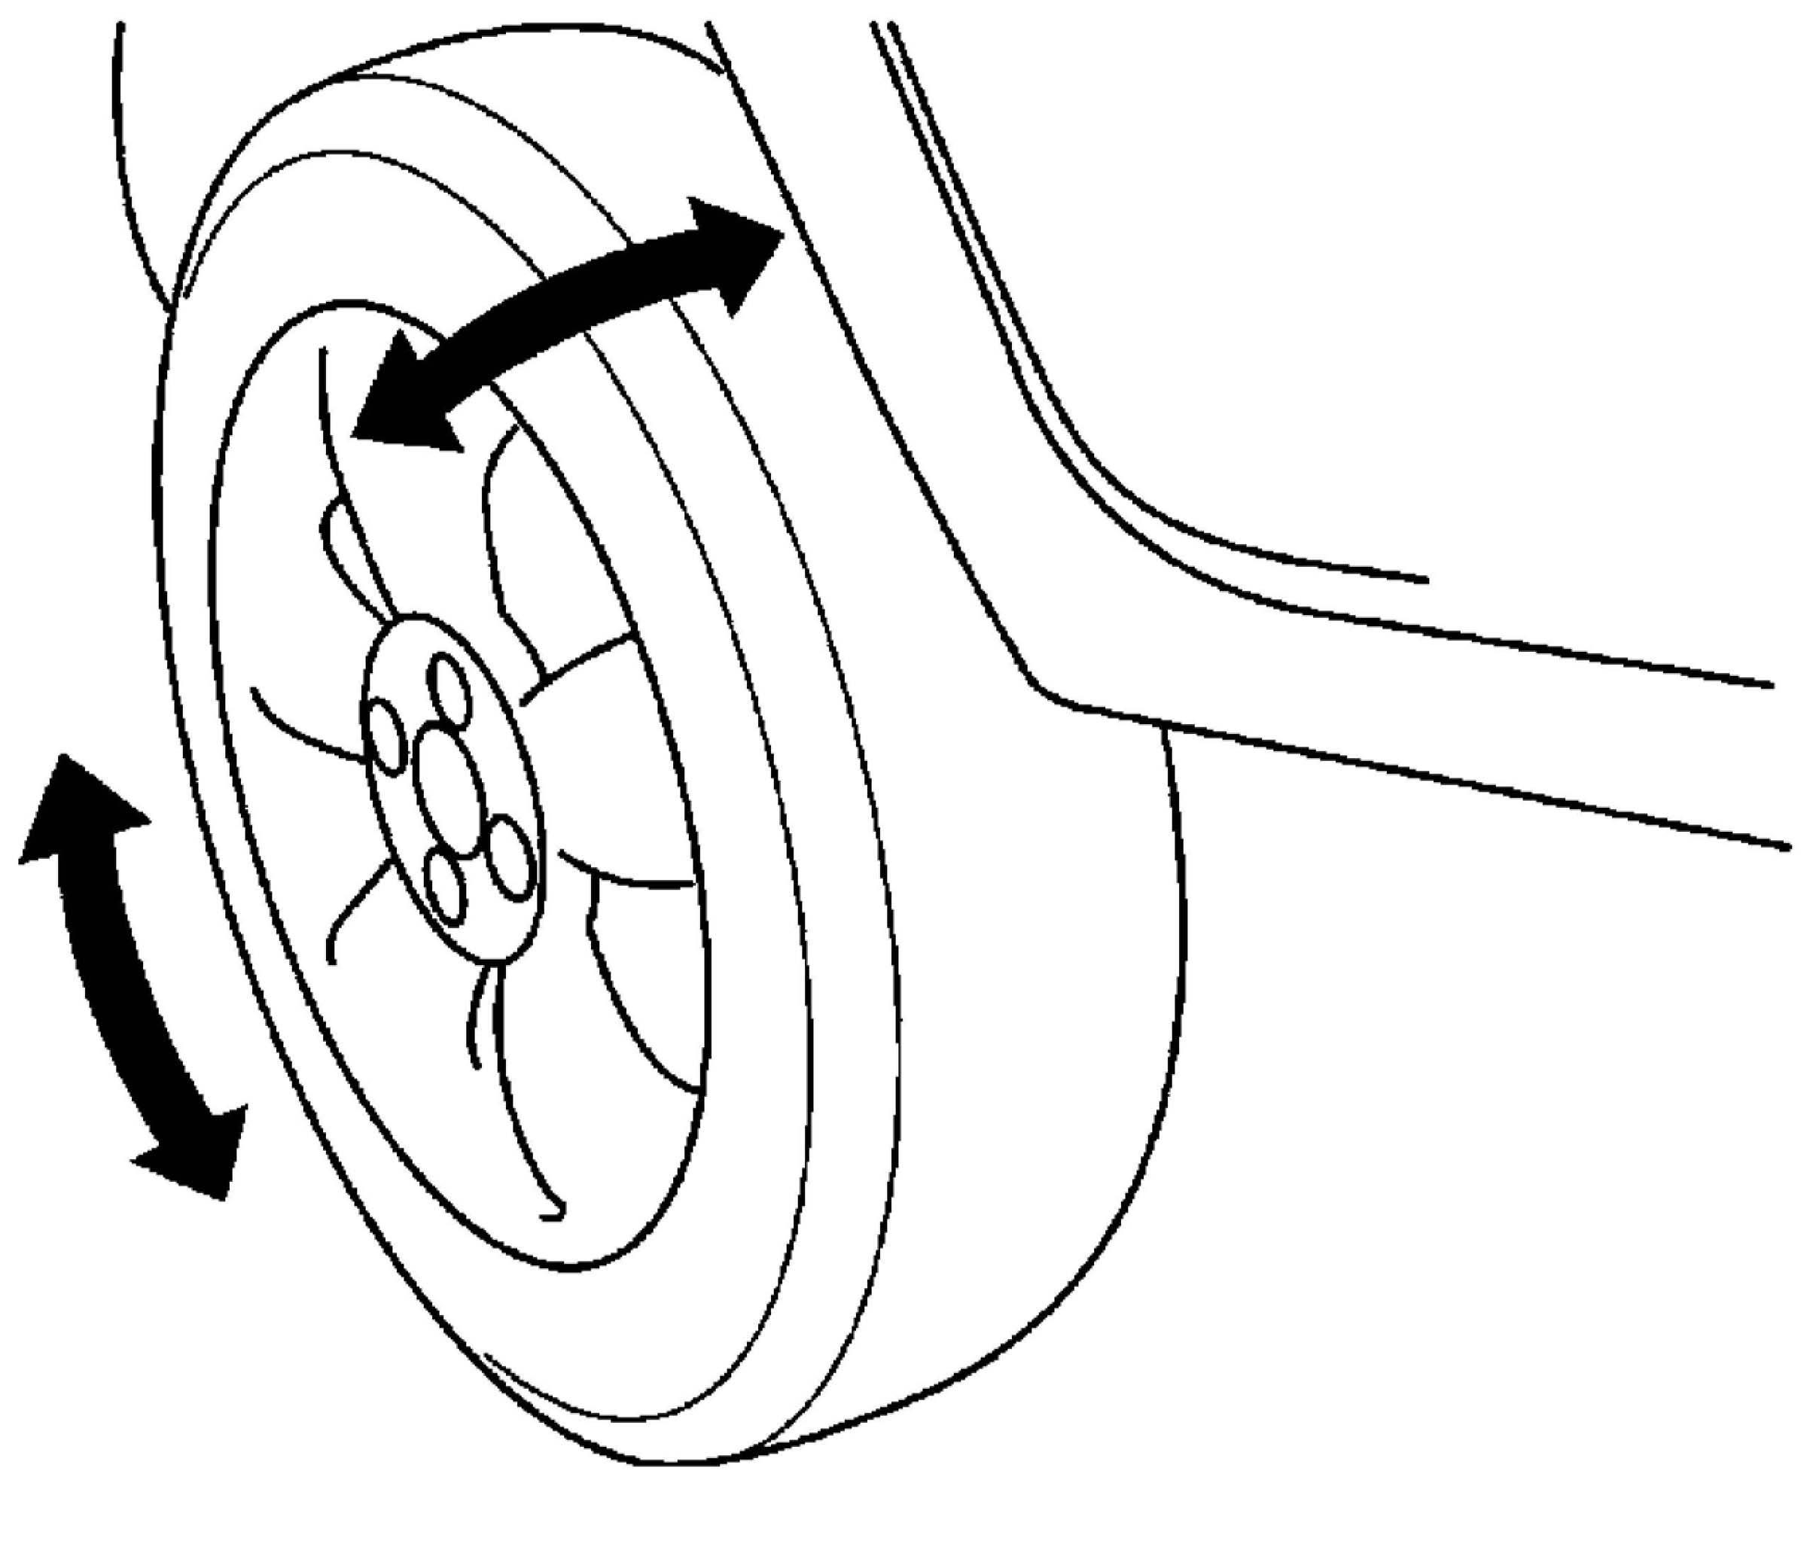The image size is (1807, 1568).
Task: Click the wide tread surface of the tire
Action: tap(1032, 1050)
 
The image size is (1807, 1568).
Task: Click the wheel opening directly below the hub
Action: tap(543, 1094)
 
